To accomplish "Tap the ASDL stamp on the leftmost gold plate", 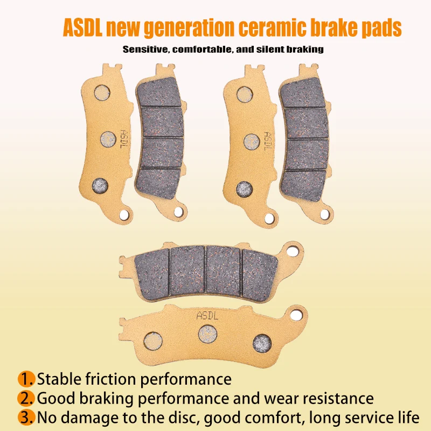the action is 124,138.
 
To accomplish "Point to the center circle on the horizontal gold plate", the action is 206,332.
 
